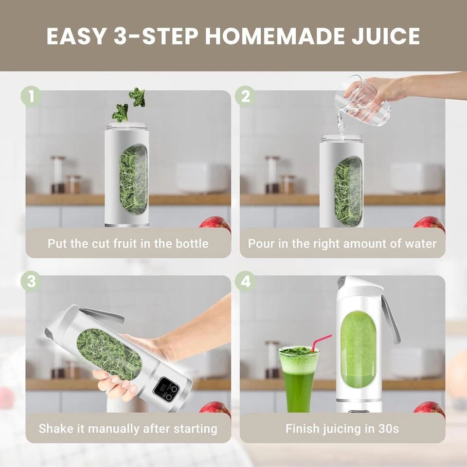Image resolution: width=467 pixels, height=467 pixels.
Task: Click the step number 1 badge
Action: click(31, 96)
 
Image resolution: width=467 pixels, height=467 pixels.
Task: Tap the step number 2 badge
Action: click(245, 96)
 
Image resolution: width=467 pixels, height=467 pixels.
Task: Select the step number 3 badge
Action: click(31, 281)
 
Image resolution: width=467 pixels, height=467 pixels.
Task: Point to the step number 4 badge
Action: click(245, 281)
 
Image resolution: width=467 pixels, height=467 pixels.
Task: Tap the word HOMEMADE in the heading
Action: click(270, 36)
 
